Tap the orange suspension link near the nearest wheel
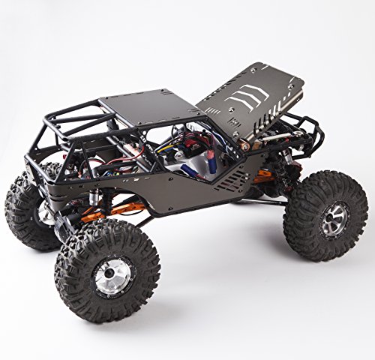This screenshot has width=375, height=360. tap(96, 217)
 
